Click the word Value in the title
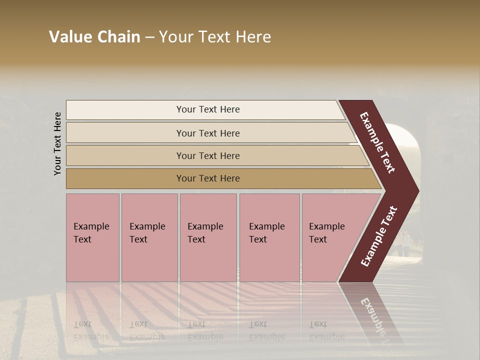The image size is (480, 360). click(x=69, y=37)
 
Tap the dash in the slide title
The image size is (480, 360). click(x=149, y=37)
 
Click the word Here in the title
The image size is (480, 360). click(x=253, y=37)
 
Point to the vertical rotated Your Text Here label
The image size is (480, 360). click(x=57, y=143)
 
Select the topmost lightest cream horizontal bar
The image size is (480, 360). click(x=205, y=109)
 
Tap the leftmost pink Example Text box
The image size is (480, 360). click(x=92, y=237)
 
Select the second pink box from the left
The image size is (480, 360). click(x=149, y=237)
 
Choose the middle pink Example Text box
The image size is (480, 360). click(x=208, y=237)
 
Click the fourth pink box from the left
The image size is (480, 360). click(x=269, y=237)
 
